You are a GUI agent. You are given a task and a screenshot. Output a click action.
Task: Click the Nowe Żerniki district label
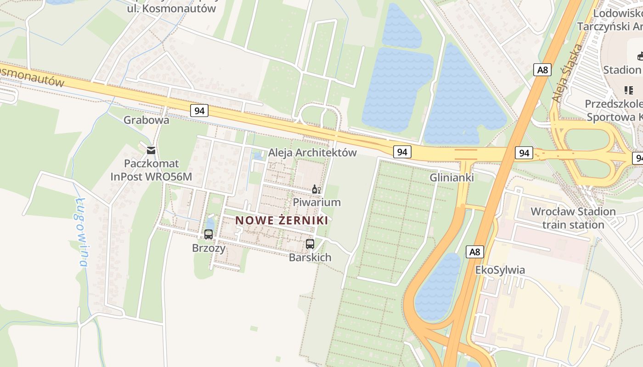click(x=282, y=220)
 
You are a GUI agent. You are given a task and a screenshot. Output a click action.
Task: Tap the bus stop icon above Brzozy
click(x=209, y=234)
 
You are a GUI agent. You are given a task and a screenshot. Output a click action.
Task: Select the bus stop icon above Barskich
click(x=310, y=244)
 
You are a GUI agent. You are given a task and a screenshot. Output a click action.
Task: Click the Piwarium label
click(x=317, y=202)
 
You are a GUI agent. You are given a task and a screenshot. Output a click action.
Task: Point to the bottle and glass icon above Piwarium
click(x=316, y=189)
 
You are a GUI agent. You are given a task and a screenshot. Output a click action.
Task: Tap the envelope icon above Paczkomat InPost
click(x=151, y=150)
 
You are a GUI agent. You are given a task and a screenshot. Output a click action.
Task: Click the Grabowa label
click(x=147, y=120)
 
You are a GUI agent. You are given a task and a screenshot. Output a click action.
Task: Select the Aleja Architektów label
click(x=312, y=153)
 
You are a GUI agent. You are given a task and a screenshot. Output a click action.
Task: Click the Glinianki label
click(x=452, y=178)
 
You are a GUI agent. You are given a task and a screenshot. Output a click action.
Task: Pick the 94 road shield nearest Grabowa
click(x=199, y=111)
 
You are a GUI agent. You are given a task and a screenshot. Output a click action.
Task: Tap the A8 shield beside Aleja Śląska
click(x=542, y=70)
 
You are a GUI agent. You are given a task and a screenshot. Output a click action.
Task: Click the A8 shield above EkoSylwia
click(x=475, y=252)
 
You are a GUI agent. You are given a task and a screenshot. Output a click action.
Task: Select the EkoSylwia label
click(x=500, y=270)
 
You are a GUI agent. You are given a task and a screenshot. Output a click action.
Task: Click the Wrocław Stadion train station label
click(x=573, y=218)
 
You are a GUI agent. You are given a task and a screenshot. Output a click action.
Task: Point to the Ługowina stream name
click(x=82, y=232)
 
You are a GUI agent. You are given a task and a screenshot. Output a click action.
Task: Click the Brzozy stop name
click(x=209, y=248)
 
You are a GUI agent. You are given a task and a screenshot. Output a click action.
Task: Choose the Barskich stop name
click(x=310, y=257)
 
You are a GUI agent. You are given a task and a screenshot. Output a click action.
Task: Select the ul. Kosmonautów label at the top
click(x=171, y=8)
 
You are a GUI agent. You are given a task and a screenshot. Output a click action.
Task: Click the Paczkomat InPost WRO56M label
click(x=151, y=170)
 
